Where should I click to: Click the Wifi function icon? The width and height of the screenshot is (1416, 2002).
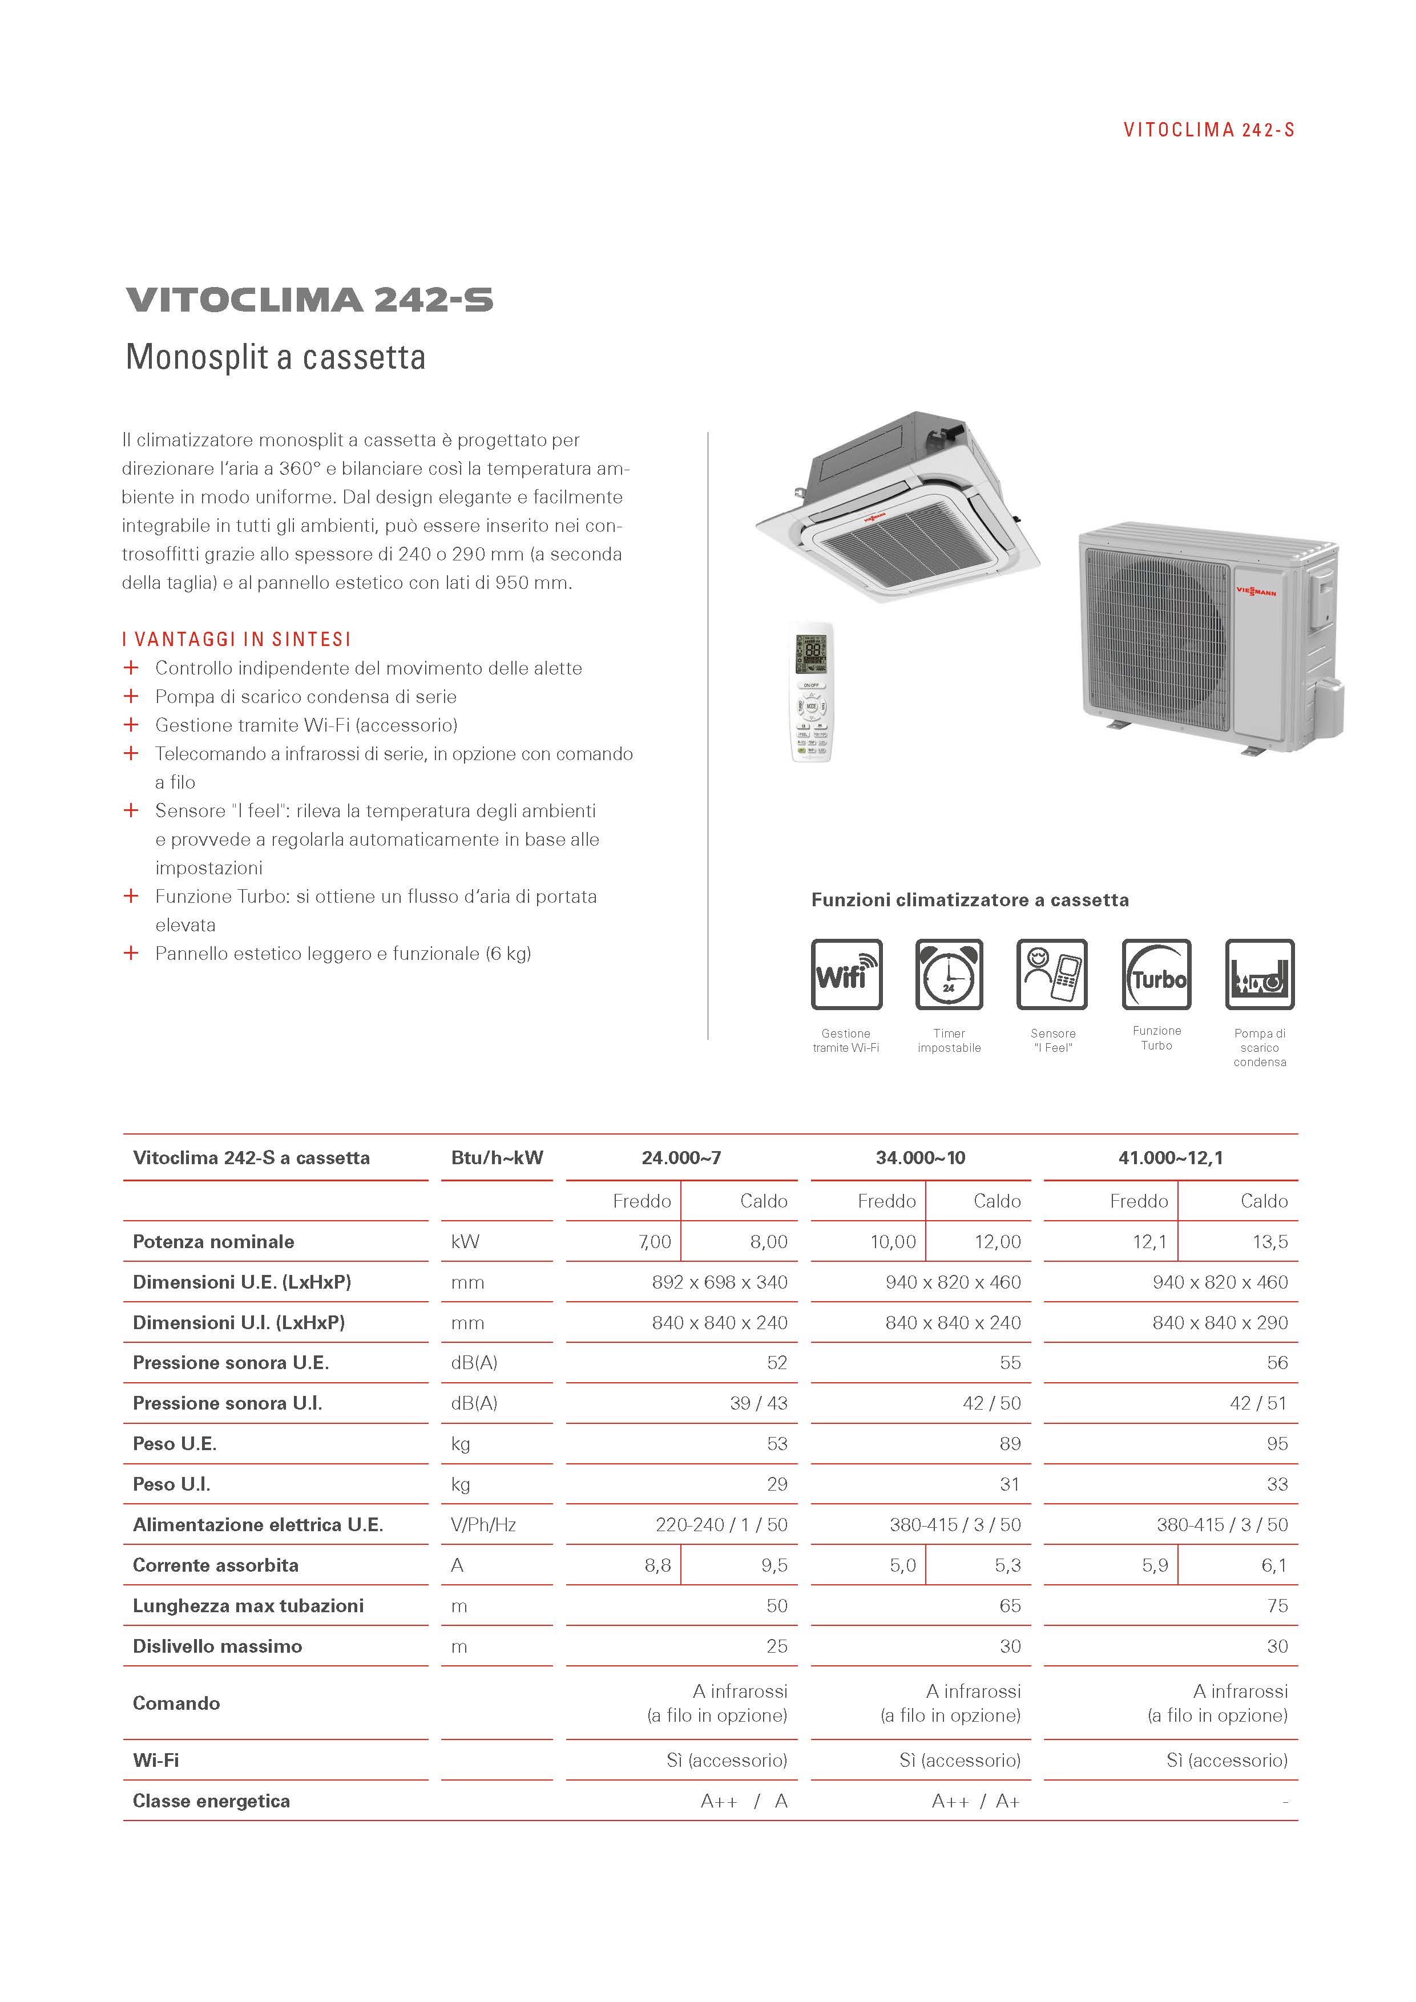(846, 974)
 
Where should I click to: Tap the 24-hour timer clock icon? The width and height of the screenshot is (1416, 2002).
(949, 974)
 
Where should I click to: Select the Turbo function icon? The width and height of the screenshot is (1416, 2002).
(1156, 974)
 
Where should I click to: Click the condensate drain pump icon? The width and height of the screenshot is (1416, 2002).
(1259, 974)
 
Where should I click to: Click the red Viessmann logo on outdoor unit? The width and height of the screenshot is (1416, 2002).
(1256, 592)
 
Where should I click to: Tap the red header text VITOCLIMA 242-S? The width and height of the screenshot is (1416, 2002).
(1208, 131)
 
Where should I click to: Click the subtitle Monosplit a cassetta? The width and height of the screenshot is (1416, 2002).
(276, 357)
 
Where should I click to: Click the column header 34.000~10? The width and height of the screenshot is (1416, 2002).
(920, 1158)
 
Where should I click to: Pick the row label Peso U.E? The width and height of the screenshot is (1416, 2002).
(175, 1444)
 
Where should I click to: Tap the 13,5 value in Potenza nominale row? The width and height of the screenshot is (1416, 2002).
(1269, 1242)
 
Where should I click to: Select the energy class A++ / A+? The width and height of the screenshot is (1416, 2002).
(975, 1802)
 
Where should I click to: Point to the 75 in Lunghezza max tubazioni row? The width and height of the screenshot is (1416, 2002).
(1277, 1606)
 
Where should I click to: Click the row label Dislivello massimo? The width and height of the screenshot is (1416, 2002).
(217, 1646)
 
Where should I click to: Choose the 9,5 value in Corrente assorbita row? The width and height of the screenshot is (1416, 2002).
(773, 1565)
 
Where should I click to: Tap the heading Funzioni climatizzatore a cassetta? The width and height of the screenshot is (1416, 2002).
(970, 900)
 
